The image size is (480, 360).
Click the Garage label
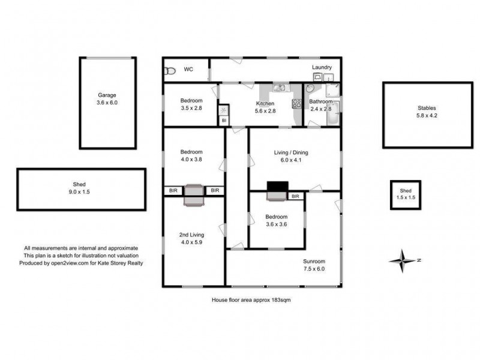point(107,95)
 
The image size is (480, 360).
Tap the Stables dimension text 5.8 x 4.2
point(427,116)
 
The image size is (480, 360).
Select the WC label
point(188,70)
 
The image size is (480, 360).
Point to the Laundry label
point(322,67)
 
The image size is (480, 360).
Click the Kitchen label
point(265,103)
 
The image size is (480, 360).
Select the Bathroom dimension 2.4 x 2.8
point(320,109)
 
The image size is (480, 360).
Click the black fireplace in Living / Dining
point(277,186)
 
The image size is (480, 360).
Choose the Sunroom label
point(314,262)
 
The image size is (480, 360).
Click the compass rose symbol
point(401,260)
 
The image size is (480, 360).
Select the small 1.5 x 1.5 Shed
point(406,195)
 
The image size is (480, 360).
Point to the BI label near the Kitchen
point(224,121)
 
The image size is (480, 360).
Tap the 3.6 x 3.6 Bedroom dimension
point(277,224)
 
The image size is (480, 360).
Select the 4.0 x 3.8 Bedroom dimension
point(192,160)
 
